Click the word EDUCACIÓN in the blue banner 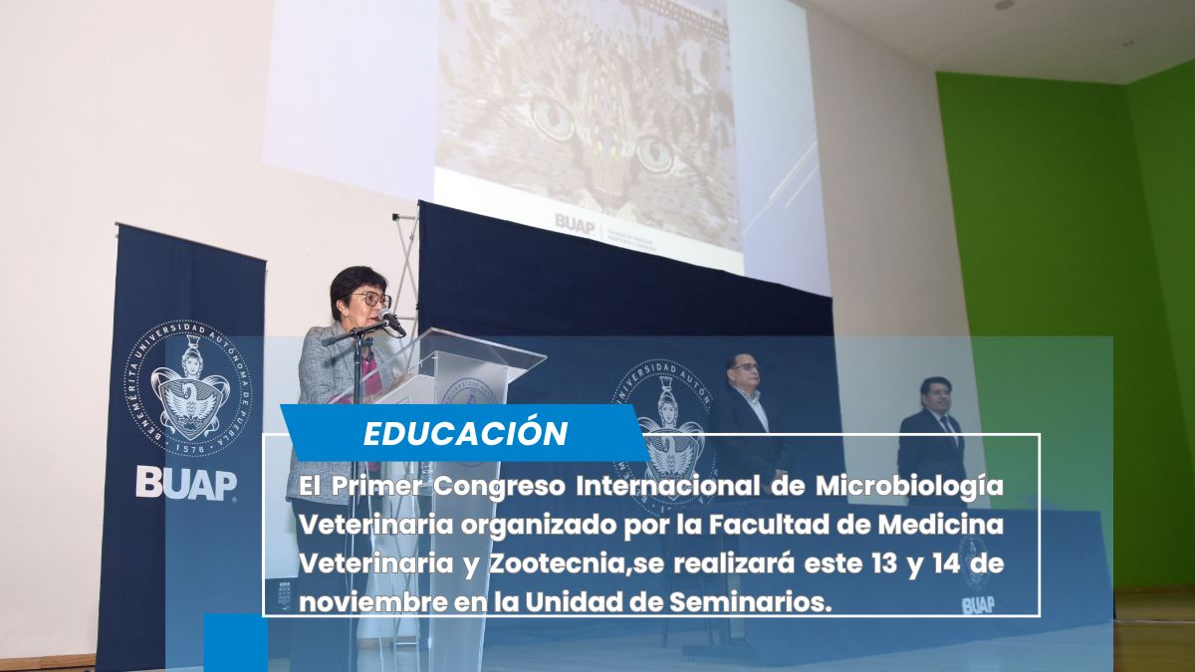tap(464, 434)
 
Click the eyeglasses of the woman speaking tap(372, 299)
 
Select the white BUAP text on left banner tap(186, 483)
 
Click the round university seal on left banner tap(188, 388)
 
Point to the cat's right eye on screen tap(654, 153)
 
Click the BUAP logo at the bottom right tap(977, 603)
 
